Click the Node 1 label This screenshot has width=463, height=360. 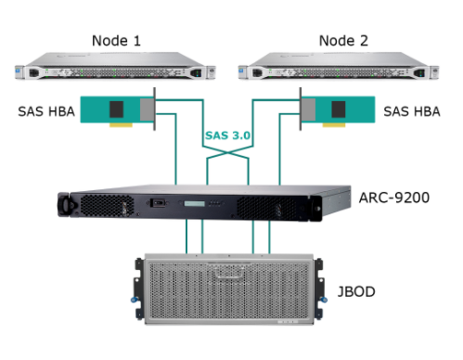116,41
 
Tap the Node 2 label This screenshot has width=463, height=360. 343,41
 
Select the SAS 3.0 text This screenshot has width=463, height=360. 227,135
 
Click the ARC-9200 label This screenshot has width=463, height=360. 394,198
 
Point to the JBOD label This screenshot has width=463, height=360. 356,291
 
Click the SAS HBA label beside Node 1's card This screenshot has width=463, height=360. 46,111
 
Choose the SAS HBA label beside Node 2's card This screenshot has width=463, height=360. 412,111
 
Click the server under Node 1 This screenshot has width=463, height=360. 115,66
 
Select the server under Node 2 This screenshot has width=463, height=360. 339,66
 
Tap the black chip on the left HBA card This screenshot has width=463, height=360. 117,109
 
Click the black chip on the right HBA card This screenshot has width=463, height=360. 339,109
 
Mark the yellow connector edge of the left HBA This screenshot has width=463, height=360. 121,125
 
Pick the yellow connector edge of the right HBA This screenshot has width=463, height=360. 334,125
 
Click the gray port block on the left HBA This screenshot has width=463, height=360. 147,109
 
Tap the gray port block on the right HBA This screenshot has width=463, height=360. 308,109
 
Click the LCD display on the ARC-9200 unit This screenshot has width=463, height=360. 195,203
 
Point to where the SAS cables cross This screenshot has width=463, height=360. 228,152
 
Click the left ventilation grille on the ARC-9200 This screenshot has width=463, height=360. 107,206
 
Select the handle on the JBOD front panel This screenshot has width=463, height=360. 228,272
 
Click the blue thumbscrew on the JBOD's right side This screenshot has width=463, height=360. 324,300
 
